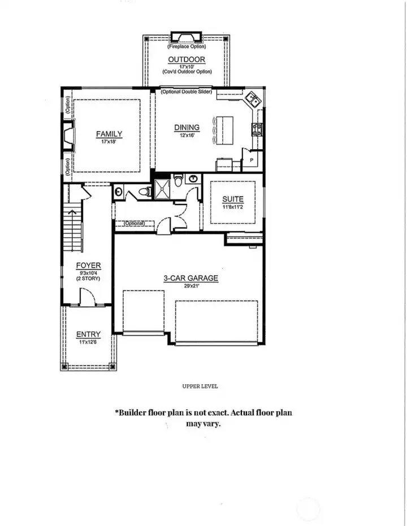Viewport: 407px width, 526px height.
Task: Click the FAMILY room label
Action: click(x=109, y=134)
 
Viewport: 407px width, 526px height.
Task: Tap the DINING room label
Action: click(x=187, y=128)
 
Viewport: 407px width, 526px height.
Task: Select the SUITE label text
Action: click(x=232, y=199)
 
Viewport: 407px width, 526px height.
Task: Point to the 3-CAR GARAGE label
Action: click(x=190, y=278)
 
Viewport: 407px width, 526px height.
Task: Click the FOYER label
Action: click(x=89, y=265)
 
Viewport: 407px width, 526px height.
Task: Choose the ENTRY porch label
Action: click(x=88, y=335)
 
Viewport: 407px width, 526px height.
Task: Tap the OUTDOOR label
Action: click(x=186, y=60)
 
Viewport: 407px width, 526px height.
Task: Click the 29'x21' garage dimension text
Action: click(x=190, y=286)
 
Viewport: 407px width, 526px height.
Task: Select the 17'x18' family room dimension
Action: click(x=109, y=142)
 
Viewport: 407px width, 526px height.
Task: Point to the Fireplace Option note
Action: click(x=186, y=47)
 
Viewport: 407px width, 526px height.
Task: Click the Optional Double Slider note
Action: click(x=186, y=92)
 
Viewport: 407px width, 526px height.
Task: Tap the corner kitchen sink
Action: click(x=253, y=101)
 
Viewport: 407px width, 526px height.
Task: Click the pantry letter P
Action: click(x=251, y=160)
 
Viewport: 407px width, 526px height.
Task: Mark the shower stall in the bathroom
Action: click(x=162, y=189)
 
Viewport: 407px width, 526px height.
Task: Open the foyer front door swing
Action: click(x=87, y=296)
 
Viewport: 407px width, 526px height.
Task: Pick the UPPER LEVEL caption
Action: click(x=200, y=386)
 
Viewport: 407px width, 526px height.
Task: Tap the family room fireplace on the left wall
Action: click(x=68, y=137)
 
